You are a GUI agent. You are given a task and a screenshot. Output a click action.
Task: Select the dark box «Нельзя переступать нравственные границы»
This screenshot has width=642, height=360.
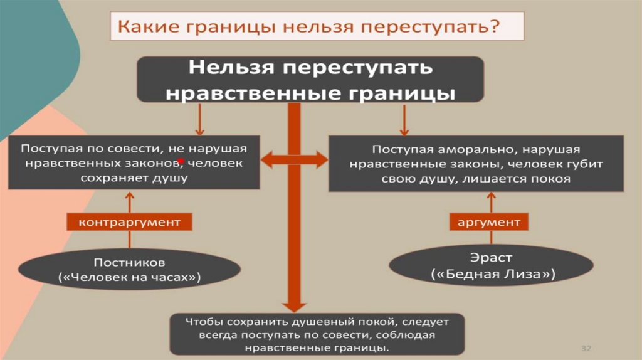pos(310,80)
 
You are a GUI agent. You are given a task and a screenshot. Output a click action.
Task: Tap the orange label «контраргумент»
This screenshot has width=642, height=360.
pos(129,222)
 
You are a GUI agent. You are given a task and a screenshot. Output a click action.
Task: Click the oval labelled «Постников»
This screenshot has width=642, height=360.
pos(129,268)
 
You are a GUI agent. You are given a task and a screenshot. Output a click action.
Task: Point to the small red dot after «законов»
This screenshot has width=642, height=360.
pos(181,162)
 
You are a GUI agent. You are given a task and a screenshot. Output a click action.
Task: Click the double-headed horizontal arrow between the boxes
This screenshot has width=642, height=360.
pos(294,161)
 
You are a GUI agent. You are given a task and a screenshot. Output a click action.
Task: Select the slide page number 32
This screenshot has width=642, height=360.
pos(587,348)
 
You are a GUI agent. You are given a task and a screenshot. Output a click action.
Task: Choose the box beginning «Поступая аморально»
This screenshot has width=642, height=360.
pos(476,164)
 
